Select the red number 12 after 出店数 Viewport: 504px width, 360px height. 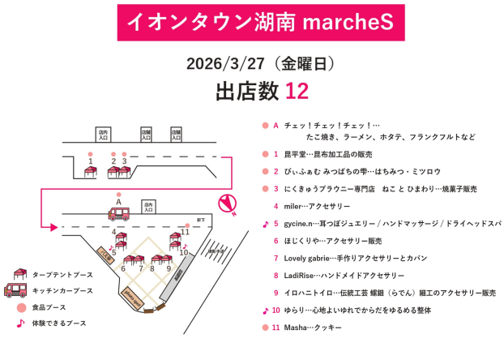point(297,91)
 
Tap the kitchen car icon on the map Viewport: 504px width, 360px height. point(119,213)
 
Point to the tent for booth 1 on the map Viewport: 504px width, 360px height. point(91,171)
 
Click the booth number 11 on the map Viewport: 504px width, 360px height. point(186,231)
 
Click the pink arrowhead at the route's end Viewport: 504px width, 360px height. point(53,226)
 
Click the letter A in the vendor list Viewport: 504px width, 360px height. point(275,126)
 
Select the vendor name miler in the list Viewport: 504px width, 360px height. point(293,206)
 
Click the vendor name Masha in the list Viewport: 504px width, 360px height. point(297,328)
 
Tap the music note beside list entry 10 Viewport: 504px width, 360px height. point(265,311)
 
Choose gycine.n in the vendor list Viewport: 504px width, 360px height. point(299,224)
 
